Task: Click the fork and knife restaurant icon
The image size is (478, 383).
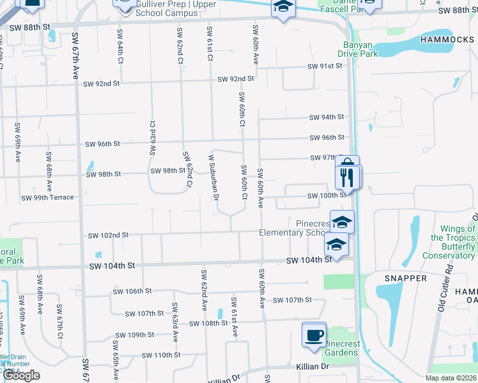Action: [x=348, y=176]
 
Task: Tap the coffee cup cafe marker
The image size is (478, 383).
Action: [x=314, y=336]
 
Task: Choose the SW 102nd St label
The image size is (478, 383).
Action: [x=108, y=235]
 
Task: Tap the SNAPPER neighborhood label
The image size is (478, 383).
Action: [x=406, y=278]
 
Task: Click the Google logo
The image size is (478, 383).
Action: [x=21, y=375]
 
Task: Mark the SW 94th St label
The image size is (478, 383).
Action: [x=327, y=117]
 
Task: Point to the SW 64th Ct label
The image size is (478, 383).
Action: [x=119, y=45]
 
